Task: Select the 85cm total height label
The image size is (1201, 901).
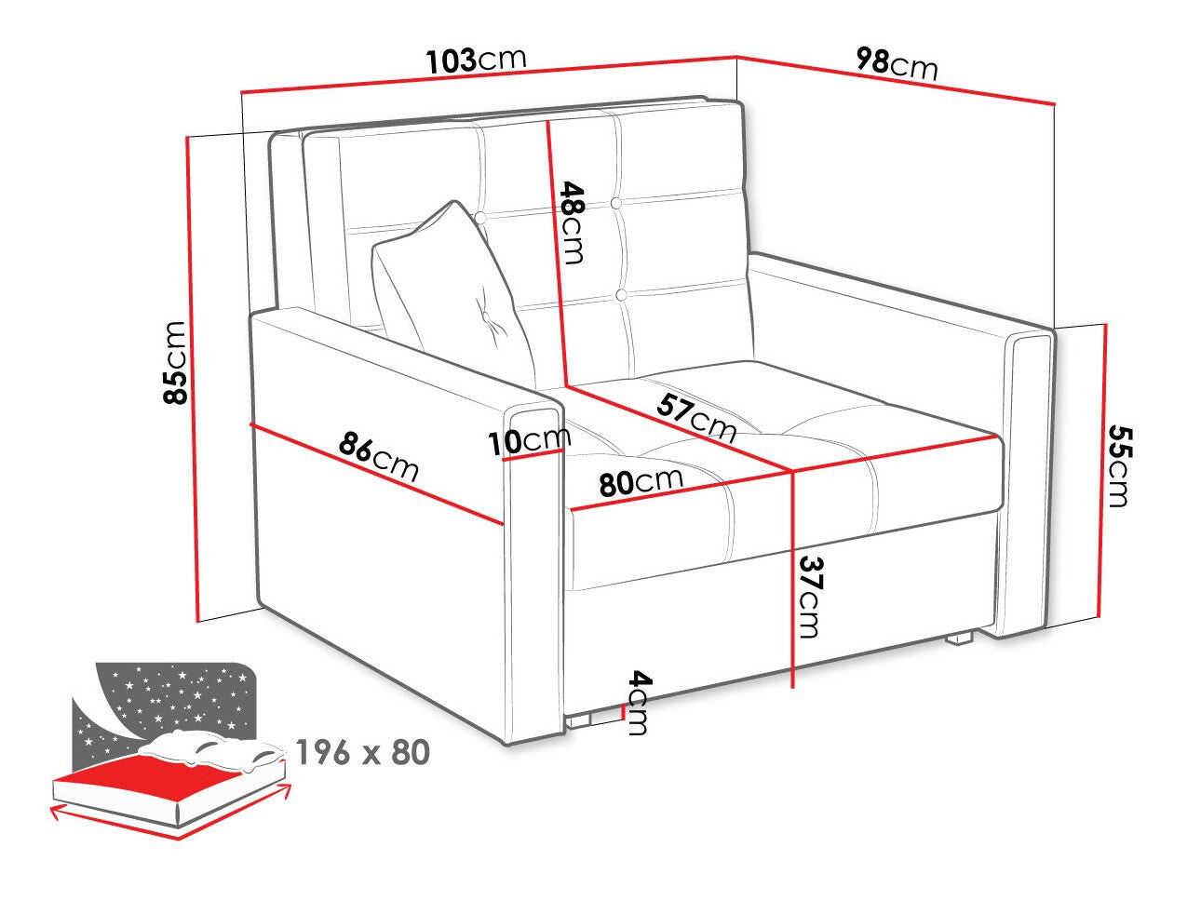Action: [x=175, y=363]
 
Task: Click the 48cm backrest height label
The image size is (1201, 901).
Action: [x=572, y=223]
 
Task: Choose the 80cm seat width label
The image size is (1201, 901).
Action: [x=641, y=481]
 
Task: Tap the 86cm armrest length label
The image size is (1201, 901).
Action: [x=379, y=457]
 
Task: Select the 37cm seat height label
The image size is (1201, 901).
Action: [x=810, y=598]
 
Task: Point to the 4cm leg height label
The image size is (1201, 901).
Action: [x=638, y=703]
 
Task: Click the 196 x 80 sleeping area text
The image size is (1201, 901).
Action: [x=363, y=753]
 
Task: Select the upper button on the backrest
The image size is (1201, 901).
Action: [x=616, y=204]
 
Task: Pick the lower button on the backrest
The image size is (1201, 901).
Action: [x=621, y=295]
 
